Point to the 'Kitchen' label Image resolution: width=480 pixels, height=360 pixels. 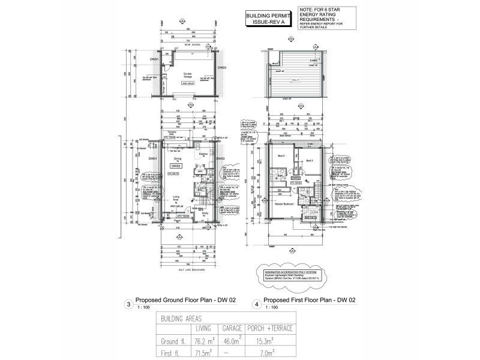203,154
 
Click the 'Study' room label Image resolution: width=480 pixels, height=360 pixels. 205,212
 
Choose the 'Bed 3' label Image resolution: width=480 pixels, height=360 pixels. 310,161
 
